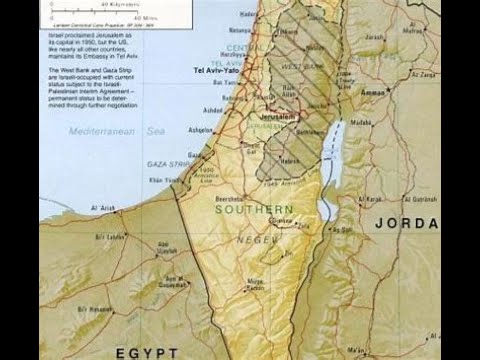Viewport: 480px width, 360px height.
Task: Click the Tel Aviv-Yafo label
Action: pos(217,72)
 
